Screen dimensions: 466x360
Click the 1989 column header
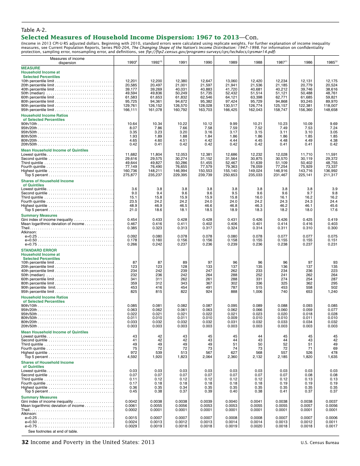click(232, 63)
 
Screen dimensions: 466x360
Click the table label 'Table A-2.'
click(34, 30)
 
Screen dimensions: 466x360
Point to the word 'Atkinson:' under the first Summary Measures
click(29, 232)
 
